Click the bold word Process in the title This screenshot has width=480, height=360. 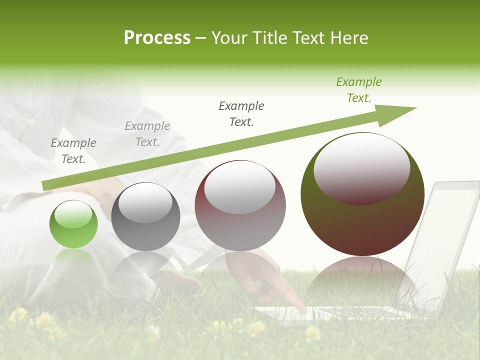click(x=157, y=38)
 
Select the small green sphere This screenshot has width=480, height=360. click(x=73, y=224)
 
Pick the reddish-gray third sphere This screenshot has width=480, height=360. click(x=240, y=206)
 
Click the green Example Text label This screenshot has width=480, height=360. click(x=358, y=90)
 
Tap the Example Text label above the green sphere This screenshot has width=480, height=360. click(x=73, y=151)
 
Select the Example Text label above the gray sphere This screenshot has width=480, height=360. click(x=147, y=134)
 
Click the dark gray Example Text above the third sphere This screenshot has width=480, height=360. click(x=241, y=113)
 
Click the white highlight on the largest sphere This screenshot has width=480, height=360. click(x=361, y=167)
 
